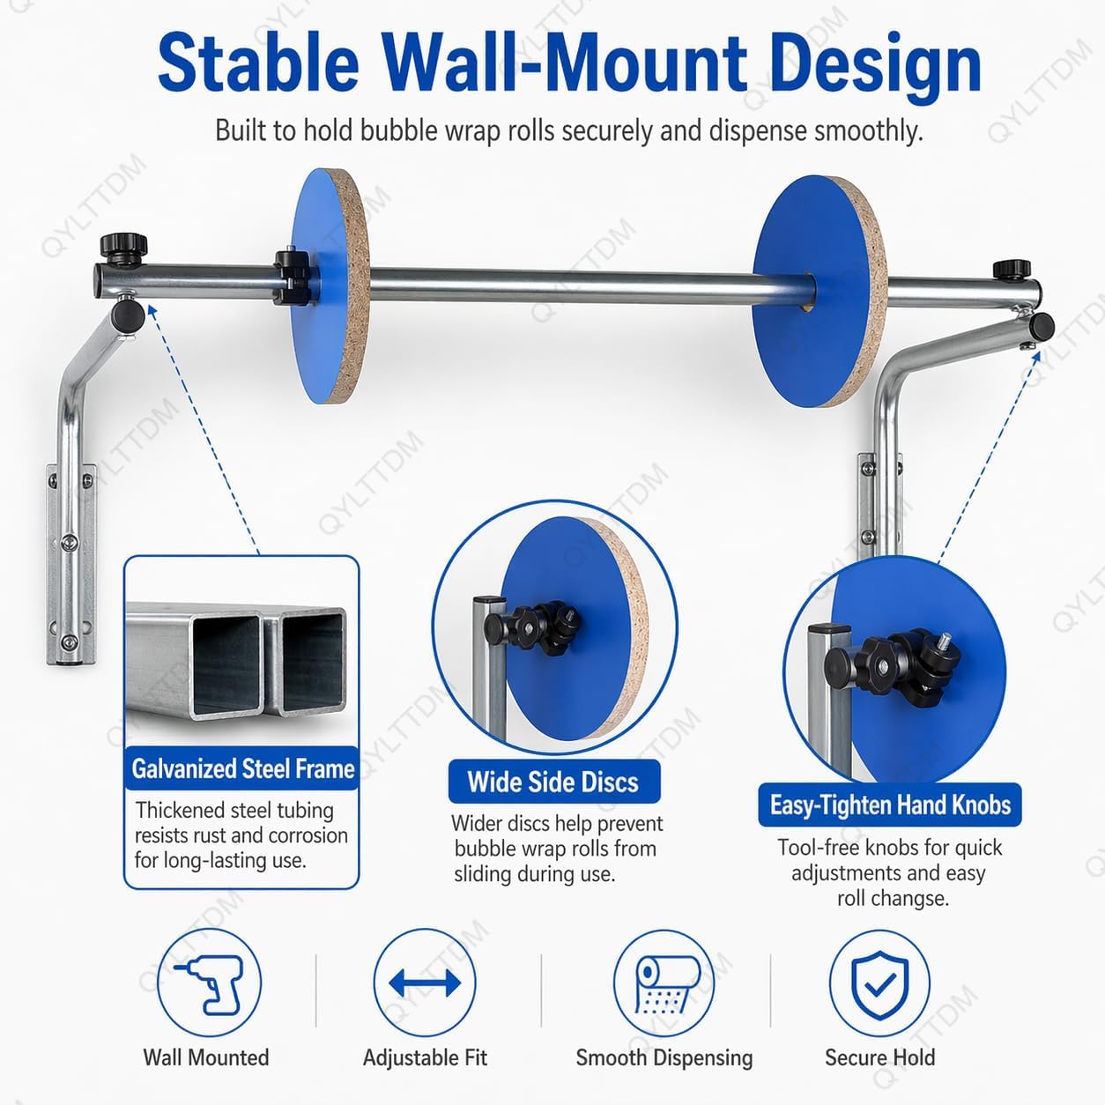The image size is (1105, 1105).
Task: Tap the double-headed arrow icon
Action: [425, 983]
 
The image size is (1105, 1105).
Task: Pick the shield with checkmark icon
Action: [880, 985]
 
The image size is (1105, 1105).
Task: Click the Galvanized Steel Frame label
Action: [242, 768]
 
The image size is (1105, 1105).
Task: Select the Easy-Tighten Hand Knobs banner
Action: [890, 805]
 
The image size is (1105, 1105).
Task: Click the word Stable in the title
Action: [258, 64]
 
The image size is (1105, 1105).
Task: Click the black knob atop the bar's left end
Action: [124, 247]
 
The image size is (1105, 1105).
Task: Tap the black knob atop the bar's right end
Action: [1012, 269]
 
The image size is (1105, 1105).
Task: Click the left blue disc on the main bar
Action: [329, 286]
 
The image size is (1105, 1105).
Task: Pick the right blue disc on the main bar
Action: [820, 292]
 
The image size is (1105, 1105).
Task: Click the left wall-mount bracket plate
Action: [70, 565]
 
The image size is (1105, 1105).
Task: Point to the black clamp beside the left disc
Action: [293, 277]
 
